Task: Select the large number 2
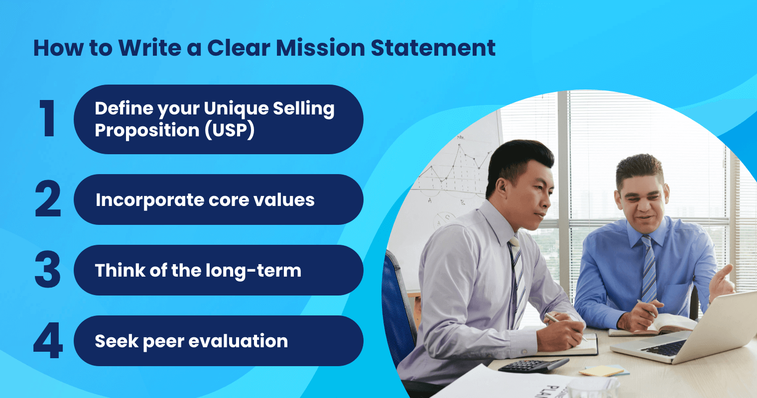tap(48, 199)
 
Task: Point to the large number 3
tap(48, 270)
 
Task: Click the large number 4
tap(48, 341)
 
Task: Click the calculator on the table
tap(533, 365)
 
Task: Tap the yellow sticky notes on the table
tap(602, 371)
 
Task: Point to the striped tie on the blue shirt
tap(648, 269)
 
